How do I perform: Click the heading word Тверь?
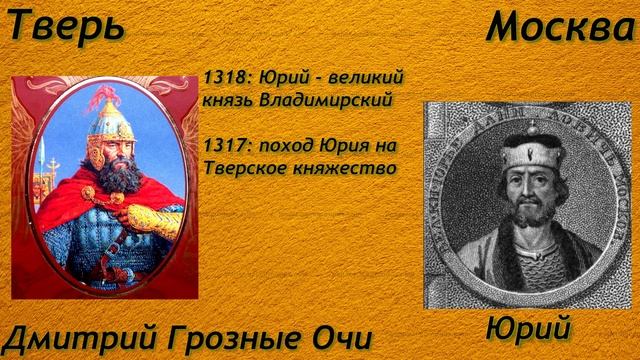click(66, 26)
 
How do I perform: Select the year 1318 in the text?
click(221, 78)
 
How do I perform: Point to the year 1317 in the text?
click(221, 145)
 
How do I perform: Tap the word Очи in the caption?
click(338, 337)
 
